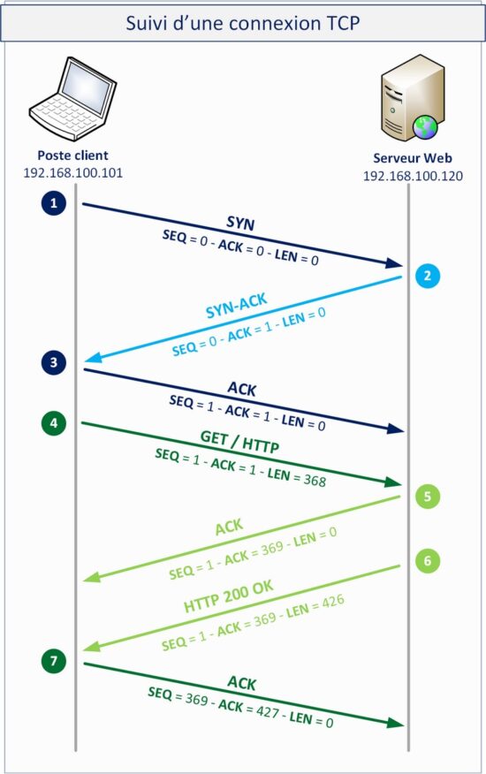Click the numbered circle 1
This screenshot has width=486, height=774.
click(x=54, y=204)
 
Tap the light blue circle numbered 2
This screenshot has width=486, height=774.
click(x=427, y=276)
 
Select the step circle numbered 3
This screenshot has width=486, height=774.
click(x=54, y=362)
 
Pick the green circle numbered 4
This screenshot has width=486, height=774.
click(x=54, y=423)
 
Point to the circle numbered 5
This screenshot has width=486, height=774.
click(x=427, y=497)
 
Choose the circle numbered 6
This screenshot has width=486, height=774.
click(x=427, y=560)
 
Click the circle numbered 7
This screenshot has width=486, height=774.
click(x=54, y=660)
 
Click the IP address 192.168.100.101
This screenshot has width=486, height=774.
click(x=72, y=171)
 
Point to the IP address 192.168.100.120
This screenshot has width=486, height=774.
click(x=413, y=176)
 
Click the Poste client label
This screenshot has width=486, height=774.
click(x=72, y=156)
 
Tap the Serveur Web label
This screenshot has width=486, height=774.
click(x=413, y=160)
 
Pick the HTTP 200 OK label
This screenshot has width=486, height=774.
click(x=228, y=599)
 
